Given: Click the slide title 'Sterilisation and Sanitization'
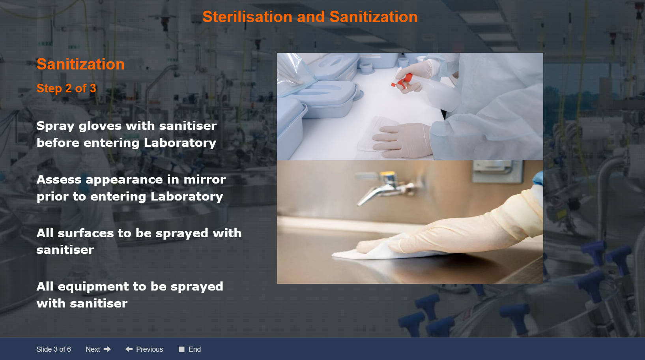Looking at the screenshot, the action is coord(310,17).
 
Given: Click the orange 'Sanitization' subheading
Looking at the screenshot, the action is coord(80,64).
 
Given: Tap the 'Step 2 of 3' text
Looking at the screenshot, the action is coord(66,88).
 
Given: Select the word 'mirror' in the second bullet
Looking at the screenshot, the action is coord(204,180).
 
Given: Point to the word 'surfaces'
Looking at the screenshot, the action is coord(86,233).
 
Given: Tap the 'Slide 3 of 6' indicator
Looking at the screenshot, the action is coord(54,349).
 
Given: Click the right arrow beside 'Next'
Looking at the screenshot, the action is coord(107,349).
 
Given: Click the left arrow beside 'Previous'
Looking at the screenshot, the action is coord(129,349).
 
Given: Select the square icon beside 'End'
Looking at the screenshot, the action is coord(182,349).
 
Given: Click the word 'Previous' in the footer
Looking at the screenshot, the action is coord(150,349).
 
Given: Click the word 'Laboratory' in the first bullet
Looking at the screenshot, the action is coord(180,143).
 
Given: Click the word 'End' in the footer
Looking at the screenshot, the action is coord(194,349).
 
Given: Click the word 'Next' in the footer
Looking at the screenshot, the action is coord(93,349).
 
